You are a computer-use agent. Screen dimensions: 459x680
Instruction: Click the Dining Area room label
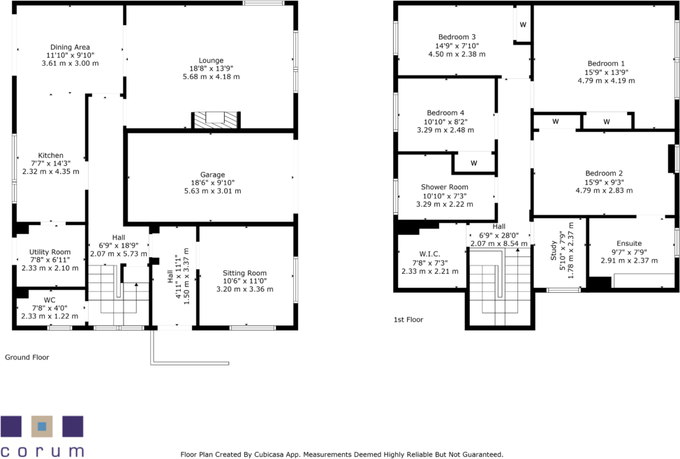point(70,48)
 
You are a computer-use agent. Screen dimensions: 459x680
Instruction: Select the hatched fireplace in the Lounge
point(216,119)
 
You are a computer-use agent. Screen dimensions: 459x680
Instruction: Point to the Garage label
point(212,175)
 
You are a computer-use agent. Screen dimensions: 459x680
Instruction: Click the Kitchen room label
point(51,155)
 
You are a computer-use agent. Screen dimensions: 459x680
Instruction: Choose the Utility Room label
point(50,252)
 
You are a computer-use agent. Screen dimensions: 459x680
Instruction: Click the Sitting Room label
point(244,273)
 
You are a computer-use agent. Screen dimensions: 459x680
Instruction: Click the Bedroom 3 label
point(457,37)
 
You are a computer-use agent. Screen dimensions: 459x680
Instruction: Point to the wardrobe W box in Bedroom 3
point(522,25)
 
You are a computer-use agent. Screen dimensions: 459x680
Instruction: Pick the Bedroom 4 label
point(445,112)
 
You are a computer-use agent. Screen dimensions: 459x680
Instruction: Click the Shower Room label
point(445,187)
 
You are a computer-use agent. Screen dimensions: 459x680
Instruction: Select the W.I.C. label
point(429,254)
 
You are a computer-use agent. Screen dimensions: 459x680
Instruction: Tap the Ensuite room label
point(628,244)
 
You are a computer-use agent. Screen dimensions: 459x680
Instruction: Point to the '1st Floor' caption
point(409,319)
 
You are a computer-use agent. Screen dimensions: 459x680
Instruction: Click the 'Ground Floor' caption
point(27,357)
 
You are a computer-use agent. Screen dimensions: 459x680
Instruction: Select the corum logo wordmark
point(42,451)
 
